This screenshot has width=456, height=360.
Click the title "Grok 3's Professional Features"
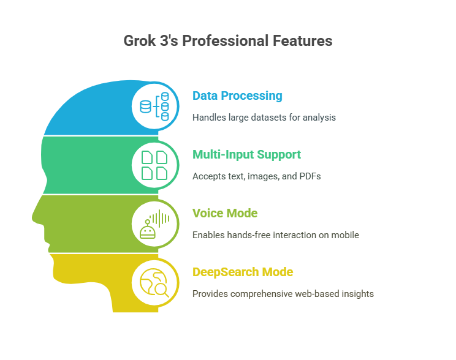pos(228,40)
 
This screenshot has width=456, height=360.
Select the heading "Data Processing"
pos(237,96)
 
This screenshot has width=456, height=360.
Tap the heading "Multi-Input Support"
pos(246,154)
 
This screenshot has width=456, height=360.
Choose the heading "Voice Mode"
pos(225,213)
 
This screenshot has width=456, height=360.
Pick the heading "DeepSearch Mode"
pos(243,272)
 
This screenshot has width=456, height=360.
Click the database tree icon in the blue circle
pos(154,107)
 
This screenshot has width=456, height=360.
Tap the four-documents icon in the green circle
pos(154,165)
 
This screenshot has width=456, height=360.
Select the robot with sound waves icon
pos(154,224)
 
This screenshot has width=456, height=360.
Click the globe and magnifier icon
pos(154,283)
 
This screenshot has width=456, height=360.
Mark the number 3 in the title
pos(164,40)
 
